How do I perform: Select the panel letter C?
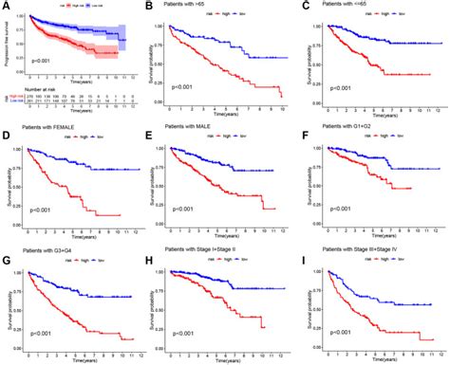(x=307, y=8)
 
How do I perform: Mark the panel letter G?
(x=6, y=248)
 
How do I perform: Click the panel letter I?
(x=307, y=248)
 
